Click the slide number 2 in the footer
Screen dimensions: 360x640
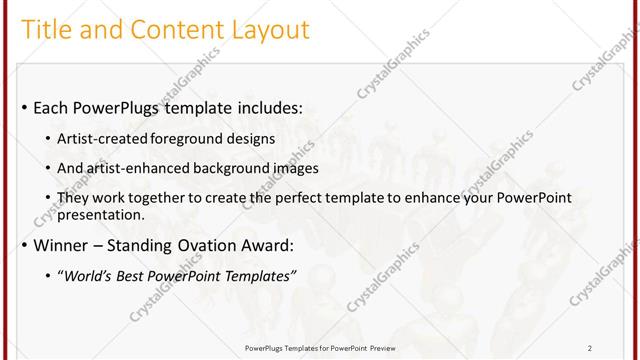[590, 347]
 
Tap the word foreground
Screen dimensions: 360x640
[187, 138]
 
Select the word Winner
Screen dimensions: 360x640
[61, 245]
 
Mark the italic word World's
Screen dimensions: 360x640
[88, 276]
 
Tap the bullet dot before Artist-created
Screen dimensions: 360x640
[51, 139]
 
